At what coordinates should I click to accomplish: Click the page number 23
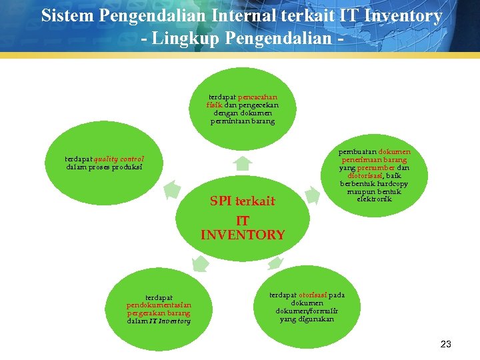(x=446, y=344)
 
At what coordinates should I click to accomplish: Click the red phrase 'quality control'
(x=119, y=159)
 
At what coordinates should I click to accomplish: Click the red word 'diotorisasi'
(x=365, y=176)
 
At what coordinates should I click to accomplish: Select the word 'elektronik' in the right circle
(x=375, y=199)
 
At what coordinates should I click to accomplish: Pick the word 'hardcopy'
(x=390, y=184)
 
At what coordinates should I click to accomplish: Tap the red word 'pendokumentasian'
(x=159, y=305)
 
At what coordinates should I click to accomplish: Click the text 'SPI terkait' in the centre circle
(x=242, y=201)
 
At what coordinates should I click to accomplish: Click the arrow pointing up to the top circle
(x=243, y=163)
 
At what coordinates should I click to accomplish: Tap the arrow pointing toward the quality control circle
(x=173, y=190)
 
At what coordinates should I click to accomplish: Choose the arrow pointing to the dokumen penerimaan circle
(x=311, y=195)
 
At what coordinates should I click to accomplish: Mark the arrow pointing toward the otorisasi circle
(x=277, y=263)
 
